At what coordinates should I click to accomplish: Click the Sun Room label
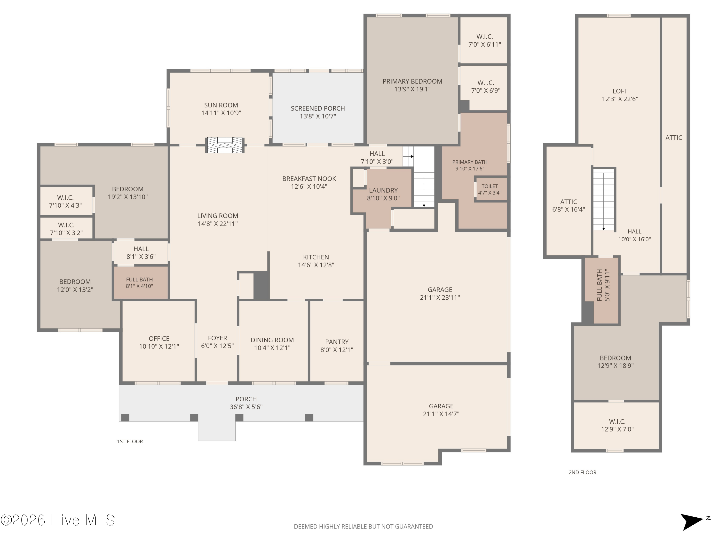coord(221,105)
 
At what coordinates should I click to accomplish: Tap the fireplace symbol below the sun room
coord(225,145)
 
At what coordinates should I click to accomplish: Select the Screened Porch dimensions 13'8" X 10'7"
coord(318,116)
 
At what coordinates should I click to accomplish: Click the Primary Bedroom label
coord(412,81)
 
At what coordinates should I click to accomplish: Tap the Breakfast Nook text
coord(309,179)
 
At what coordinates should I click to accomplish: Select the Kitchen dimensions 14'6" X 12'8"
coord(316,265)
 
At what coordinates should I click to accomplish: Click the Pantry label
coord(337,342)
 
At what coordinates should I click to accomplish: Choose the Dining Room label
coord(272,340)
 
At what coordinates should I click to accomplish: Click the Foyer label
coord(217,338)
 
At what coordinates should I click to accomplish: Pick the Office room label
coord(159,339)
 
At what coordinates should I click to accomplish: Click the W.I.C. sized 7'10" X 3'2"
coord(66,229)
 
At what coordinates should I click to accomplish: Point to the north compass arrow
coord(693,522)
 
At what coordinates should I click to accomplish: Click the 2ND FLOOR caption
coord(582,472)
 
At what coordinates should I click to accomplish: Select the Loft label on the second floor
coord(620,91)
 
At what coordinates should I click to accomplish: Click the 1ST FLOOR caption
coord(130,442)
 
